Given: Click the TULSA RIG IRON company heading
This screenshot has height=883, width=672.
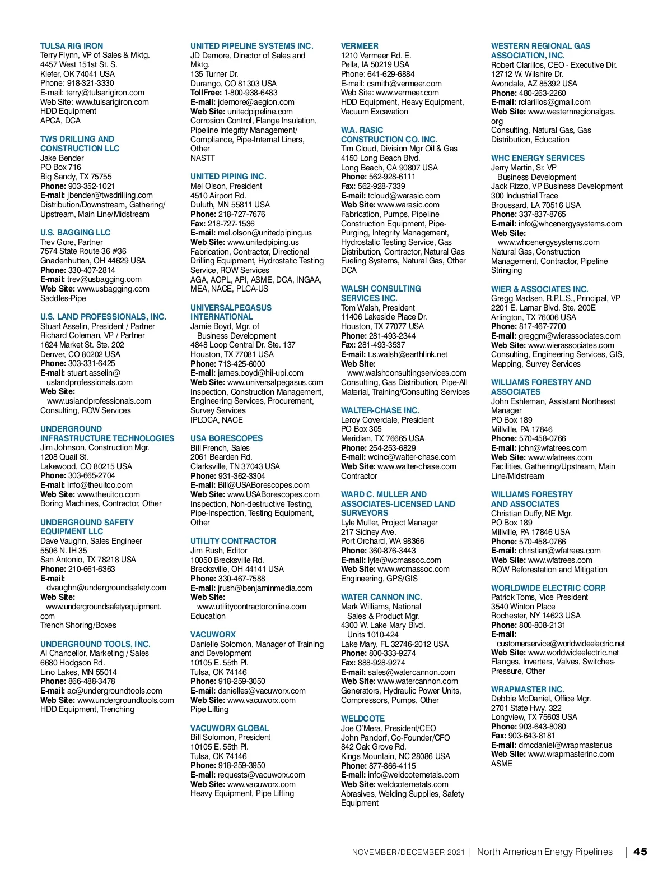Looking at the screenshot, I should [x=72, y=46].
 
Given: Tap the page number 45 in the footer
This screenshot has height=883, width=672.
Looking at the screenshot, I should [x=640, y=852].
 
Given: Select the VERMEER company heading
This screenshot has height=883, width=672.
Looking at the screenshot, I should [x=360, y=46].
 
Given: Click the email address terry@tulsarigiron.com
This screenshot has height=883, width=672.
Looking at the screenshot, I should [x=105, y=93].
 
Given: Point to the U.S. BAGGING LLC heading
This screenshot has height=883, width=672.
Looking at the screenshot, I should [x=75, y=233].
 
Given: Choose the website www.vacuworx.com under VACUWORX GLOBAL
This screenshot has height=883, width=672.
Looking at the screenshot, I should [x=261, y=784].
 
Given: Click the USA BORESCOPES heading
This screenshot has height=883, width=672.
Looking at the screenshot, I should [x=226, y=438].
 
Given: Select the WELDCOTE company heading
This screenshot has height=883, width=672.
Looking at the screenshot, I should [x=363, y=719].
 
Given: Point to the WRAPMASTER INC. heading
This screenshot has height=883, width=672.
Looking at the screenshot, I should [x=528, y=690].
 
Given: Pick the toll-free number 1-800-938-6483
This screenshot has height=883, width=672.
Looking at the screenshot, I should [x=250, y=93].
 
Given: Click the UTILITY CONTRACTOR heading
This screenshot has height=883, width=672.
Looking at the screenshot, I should [x=233, y=541].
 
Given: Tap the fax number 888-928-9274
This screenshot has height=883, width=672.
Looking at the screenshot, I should [x=381, y=663].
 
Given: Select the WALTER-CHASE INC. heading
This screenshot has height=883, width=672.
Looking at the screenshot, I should [x=380, y=410].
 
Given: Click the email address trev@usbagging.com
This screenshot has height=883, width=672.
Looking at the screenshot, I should [x=104, y=279].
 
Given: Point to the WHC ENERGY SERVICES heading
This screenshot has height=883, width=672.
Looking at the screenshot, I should [x=538, y=158].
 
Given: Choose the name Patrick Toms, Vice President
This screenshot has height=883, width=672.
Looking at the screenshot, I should [x=539, y=597].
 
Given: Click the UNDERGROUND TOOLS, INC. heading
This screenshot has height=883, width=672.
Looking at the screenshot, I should [x=95, y=644].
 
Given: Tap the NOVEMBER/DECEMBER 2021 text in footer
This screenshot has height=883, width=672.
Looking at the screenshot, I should [x=408, y=852].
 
